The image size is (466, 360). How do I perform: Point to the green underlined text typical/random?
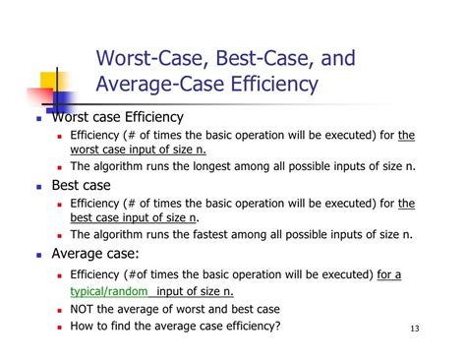coord(109,292)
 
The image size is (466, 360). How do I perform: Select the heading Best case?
coord(85,185)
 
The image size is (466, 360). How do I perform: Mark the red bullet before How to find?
coord(61,327)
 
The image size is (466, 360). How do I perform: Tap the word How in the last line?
coord(85,326)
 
